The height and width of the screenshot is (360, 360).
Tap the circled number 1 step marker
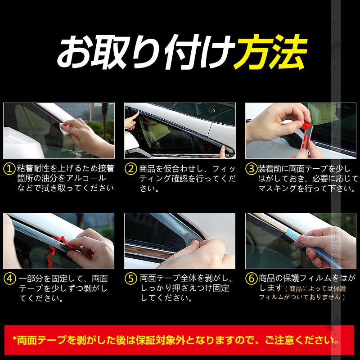tap(9, 169)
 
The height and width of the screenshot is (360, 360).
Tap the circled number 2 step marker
tap(130, 169)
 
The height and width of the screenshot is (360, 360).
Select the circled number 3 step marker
tap(251, 169)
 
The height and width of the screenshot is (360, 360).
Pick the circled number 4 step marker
tap(9, 279)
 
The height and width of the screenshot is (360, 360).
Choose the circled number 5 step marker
tap(130, 279)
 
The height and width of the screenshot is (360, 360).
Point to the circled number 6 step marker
tap(251, 279)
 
